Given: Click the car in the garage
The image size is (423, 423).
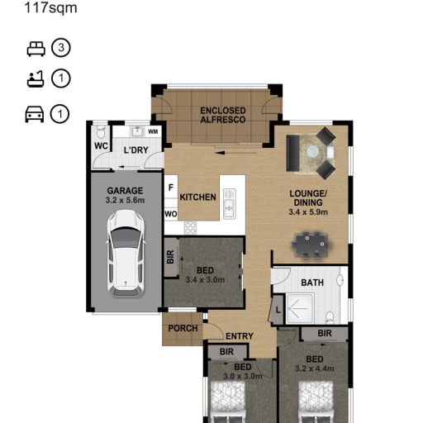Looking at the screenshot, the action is (x=126, y=254).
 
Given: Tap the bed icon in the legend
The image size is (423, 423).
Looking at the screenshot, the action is (x=36, y=49).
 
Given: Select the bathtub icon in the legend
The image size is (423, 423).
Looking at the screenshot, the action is (x=36, y=79).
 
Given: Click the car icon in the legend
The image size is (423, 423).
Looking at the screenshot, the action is (x=35, y=114).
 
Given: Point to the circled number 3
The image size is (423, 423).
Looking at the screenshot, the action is (x=61, y=48).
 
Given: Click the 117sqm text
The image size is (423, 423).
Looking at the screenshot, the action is (x=51, y=7).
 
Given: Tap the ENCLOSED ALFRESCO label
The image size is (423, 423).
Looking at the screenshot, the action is (x=223, y=115).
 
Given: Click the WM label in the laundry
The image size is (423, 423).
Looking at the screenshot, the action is (x=153, y=131).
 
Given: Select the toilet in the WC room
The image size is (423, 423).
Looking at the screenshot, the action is (x=101, y=132).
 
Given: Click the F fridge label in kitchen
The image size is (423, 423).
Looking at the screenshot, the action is (x=171, y=188).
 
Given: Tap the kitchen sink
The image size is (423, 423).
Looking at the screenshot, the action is (x=229, y=204).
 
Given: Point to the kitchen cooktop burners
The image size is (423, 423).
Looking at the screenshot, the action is (x=190, y=228).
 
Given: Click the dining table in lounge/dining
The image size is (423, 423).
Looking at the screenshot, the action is (x=311, y=245).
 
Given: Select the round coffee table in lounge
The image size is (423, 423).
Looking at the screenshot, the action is (x=313, y=151).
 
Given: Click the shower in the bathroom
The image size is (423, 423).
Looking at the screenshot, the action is (x=300, y=308).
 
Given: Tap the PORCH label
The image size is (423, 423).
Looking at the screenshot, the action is (x=183, y=328).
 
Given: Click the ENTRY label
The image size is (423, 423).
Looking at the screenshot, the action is (x=240, y=336).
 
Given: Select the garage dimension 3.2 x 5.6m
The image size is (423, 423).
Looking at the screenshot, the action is (x=125, y=200).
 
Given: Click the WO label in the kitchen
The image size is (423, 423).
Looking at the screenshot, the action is (x=171, y=214).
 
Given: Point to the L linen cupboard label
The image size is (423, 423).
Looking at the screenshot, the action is (x=278, y=310).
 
